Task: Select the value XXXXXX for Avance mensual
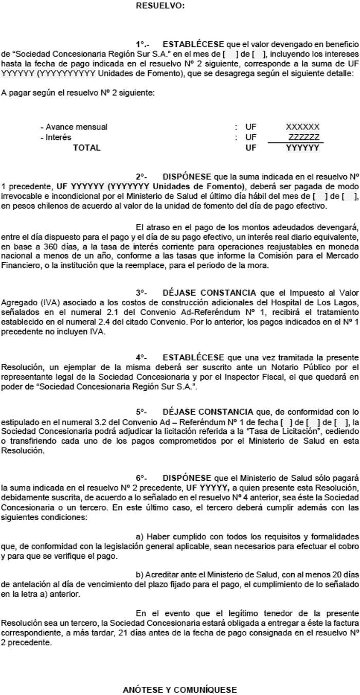coord(303,127)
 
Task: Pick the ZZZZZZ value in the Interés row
coord(304,137)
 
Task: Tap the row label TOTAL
coord(86,148)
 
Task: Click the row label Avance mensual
coord(74,127)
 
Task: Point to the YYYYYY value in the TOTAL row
coord(303,148)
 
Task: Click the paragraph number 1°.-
coord(142,44)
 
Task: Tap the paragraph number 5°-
coord(141,411)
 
